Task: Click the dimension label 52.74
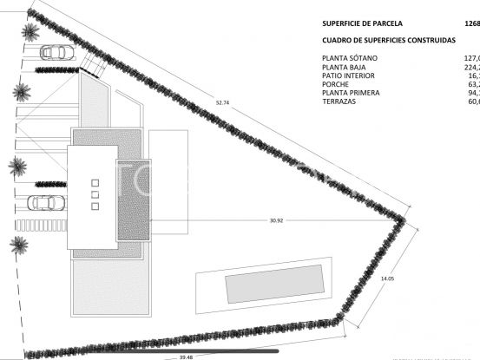pyautogui.click(x=222, y=103)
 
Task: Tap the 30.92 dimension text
pyautogui.click(x=276, y=220)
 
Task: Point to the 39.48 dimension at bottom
pyautogui.click(x=186, y=356)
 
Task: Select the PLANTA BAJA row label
pyautogui.click(x=345, y=68)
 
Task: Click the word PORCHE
pyautogui.click(x=337, y=85)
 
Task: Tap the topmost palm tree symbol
pyautogui.click(x=30, y=33)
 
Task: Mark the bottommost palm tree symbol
pyautogui.click(x=18, y=244)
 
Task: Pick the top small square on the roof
pyautogui.click(x=95, y=183)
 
